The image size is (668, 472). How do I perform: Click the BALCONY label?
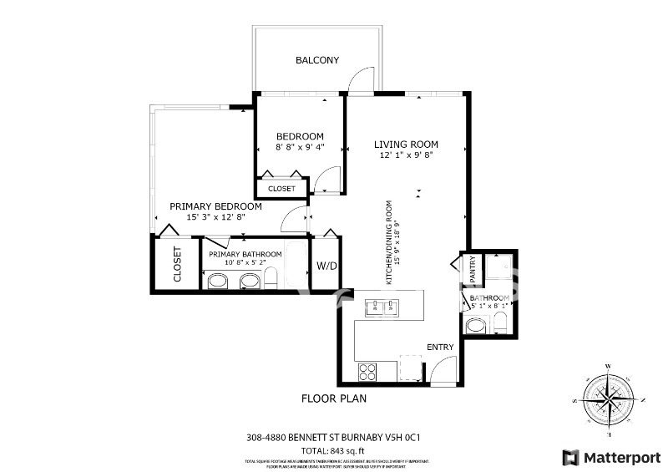tap(316, 60)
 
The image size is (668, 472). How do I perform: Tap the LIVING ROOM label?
tap(406, 144)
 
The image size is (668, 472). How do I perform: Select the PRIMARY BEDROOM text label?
tap(215, 206)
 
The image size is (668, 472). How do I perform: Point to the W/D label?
tap(326, 267)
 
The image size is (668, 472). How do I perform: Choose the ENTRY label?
tap(440, 347)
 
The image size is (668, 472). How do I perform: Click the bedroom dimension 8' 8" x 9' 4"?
tap(300, 148)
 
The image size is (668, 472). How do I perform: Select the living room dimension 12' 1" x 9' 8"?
tap(406, 155)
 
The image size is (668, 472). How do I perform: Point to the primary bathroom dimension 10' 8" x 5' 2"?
tap(245, 263)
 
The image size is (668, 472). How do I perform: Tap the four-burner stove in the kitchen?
tap(367, 370)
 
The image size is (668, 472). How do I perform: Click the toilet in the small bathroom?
tap(474, 327)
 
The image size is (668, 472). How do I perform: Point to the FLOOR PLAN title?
tap(334, 398)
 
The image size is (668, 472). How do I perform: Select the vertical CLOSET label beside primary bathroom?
tap(176, 265)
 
